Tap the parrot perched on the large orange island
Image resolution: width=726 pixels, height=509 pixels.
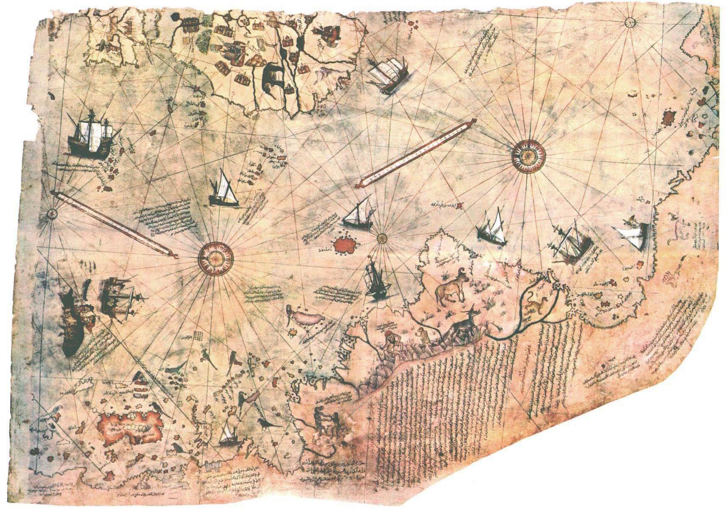[x=157, y=406]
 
